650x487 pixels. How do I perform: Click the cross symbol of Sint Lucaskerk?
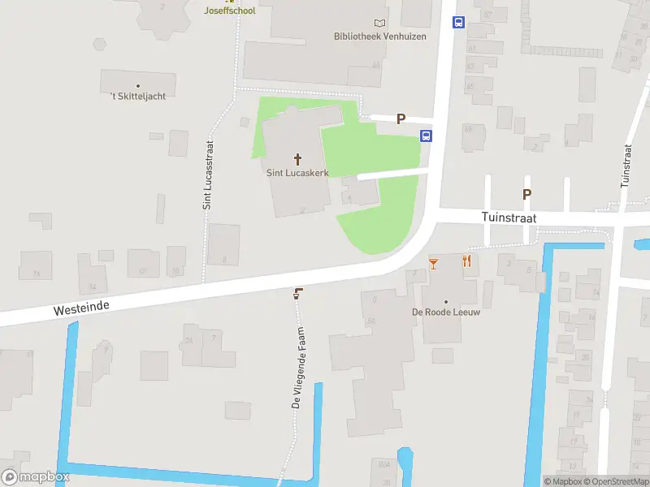tap(297, 159)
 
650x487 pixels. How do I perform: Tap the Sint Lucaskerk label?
tap(297, 173)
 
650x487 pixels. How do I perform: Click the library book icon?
tap(379, 23)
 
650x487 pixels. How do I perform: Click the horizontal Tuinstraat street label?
tap(509, 218)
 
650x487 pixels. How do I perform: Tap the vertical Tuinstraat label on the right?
tap(626, 166)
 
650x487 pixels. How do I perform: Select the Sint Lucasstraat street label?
tap(208, 175)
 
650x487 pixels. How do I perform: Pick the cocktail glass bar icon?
tap(434, 262)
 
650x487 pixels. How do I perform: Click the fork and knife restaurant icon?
tap(466, 261)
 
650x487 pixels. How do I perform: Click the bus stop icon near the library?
tap(458, 23)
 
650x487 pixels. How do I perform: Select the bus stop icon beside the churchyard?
tap(426, 136)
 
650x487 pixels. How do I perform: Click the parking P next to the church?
tap(401, 119)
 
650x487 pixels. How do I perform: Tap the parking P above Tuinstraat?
tap(526, 194)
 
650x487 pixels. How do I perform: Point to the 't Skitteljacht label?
tap(138, 96)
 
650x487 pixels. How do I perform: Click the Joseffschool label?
tap(229, 11)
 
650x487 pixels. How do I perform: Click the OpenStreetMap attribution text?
tap(615, 482)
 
